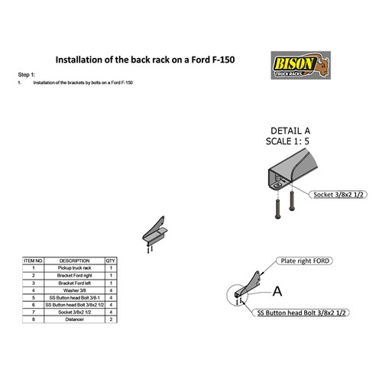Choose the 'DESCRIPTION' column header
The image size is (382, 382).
pyautogui.click(x=75, y=261)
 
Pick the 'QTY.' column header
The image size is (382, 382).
pyautogui.click(x=111, y=261)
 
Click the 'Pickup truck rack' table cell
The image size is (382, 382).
pyautogui.click(x=75, y=268)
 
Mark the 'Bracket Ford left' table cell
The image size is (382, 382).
pyautogui.click(x=75, y=283)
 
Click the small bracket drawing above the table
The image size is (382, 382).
pyautogui.click(x=154, y=234)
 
